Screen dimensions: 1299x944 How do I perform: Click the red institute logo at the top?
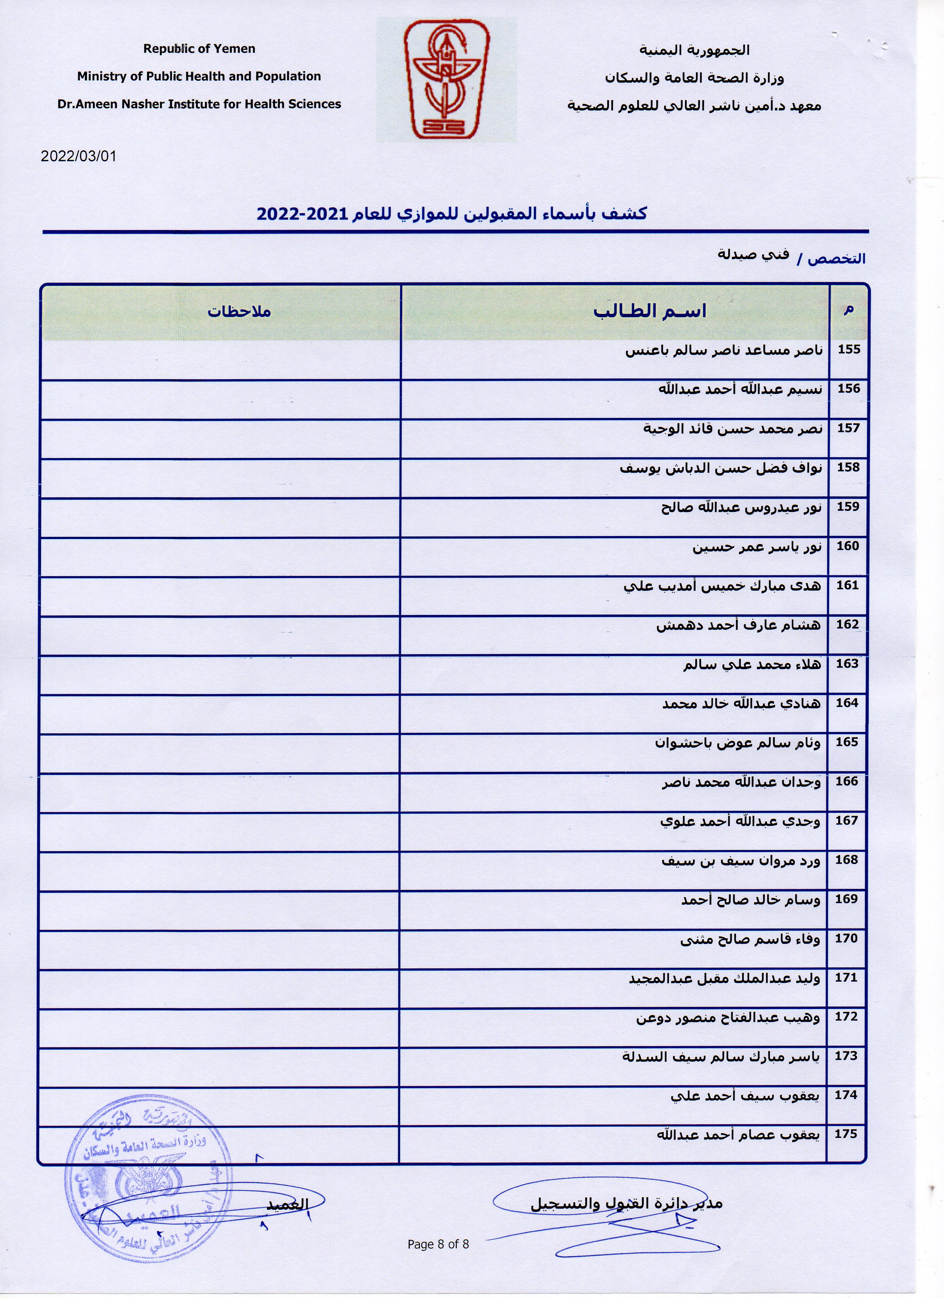(446, 80)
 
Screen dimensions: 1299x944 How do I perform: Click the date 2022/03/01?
(78, 156)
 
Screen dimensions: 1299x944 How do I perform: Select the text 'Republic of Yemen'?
(199, 49)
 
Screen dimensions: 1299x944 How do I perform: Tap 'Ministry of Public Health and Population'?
(199, 76)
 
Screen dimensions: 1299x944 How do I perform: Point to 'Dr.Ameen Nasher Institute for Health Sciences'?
(199, 104)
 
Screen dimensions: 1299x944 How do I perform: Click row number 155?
(848, 349)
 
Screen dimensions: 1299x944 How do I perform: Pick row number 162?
(847, 624)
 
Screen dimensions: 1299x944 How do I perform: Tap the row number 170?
(846, 938)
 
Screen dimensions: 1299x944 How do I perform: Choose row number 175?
(846, 1134)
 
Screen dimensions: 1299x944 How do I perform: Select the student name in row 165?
(737, 743)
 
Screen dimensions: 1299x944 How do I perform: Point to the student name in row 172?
(727, 1018)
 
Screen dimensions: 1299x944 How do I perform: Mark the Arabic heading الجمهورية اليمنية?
(694, 50)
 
